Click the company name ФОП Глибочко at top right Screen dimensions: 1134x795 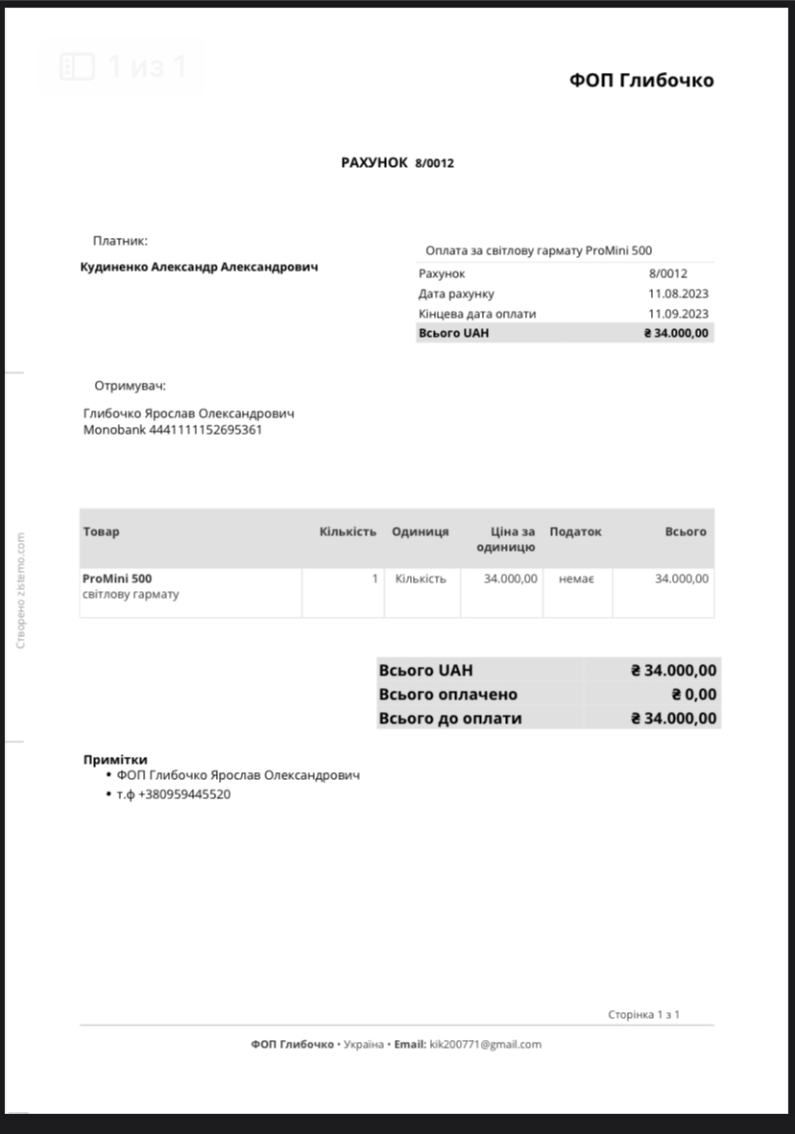pos(641,81)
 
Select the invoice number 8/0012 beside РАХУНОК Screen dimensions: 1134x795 pos(434,163)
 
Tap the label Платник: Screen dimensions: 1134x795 pos(120,241)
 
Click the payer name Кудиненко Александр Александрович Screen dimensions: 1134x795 pos(199,267)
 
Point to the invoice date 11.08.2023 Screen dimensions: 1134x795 pos(678,294)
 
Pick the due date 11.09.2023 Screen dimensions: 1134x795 pos(678,314)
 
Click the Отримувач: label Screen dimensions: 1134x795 pos(130,386)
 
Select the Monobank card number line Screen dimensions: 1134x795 pos(173,430)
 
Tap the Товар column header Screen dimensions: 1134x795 pos(102,532)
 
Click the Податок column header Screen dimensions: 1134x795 pos(575,532)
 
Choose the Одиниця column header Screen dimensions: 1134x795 pos(420,532)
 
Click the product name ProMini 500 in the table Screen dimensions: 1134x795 pos(117,579)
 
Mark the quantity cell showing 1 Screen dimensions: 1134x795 pos(374,579)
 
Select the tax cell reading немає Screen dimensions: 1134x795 pos(576,579)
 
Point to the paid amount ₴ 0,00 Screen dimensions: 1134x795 pos(693,695)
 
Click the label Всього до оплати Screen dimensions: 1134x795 pos(450,719)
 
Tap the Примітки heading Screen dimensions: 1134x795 pos(115,759)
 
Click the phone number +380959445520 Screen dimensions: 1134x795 pos(184,794)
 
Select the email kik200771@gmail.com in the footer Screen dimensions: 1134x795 pos(485,1044)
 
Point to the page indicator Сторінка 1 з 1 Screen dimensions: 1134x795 pos(643,1014)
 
